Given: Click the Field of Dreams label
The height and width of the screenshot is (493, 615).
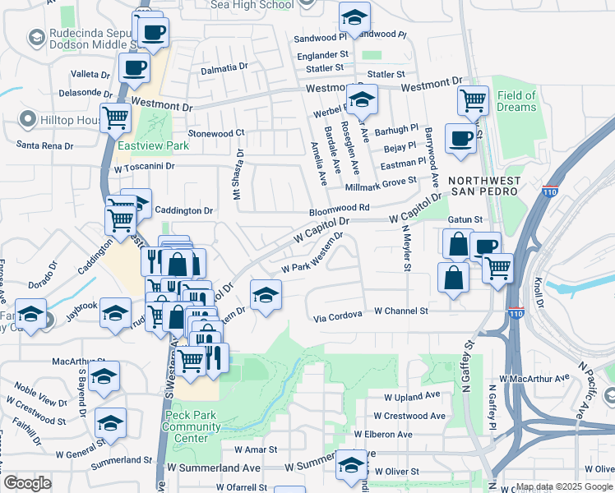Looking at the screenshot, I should (x=516, y=101).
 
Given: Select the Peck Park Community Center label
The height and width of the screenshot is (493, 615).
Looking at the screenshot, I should (x=191, y=426).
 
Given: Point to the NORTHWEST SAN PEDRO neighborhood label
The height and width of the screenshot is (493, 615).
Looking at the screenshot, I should (x=482, y=185).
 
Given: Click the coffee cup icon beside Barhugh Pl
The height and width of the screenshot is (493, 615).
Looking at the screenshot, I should (x=460, y=137).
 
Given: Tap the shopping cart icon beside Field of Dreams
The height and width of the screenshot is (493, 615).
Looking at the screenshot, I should (x=473, y=101).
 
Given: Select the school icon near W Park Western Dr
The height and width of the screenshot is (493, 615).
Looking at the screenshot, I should (x=266, y=295).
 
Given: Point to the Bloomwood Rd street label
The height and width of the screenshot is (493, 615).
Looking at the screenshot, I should (x=339, y=209).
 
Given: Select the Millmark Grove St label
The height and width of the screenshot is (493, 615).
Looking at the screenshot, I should (x=389, y=181).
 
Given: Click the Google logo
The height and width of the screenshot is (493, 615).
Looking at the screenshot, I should (x=27, y=483).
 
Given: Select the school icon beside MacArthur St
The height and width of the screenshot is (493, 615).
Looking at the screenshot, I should (x=104, y=376).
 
